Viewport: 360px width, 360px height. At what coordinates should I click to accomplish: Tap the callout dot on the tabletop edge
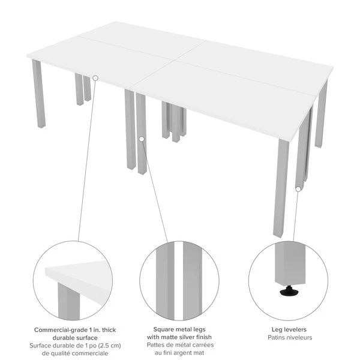click(95, 78)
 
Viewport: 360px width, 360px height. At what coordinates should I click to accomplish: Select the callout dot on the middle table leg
click(142, 139)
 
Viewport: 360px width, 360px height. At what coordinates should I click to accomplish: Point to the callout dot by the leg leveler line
click(298, 189)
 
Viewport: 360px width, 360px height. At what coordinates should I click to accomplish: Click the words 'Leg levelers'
click(289, 329)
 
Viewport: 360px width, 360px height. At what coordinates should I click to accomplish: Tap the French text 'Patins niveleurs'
click(290, 337)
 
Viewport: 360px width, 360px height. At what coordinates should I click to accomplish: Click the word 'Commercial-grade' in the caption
click(61, 330)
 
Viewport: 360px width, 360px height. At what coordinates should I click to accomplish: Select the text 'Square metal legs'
click(179, 329)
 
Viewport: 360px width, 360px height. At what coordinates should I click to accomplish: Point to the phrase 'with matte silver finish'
click(179, 337)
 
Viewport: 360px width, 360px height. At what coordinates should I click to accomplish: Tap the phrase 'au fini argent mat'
click(179, 353)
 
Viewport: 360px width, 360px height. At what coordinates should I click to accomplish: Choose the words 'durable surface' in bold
click(75, 338)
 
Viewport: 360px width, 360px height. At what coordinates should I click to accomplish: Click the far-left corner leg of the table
click(39, 94)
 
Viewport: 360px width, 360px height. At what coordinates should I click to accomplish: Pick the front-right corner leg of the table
click(281, 188)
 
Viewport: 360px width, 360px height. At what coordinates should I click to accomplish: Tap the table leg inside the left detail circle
click(68, 301)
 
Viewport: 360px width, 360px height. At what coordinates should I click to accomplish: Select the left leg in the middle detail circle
click(166, 281)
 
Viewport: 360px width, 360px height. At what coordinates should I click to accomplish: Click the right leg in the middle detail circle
click(193, 281)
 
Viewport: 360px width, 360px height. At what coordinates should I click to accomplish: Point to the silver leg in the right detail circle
click(290, 263)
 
